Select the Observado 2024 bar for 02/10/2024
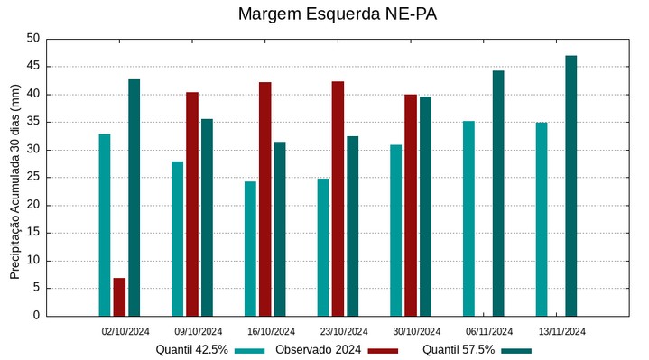coord(119,297)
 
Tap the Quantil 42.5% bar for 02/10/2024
coord(105,225)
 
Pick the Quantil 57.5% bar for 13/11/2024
coord(570,186)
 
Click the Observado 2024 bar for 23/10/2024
coord(338,198)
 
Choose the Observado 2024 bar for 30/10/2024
coord(411,205)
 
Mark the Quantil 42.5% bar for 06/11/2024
coord(468,218)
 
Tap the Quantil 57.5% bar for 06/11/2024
coord(498,193)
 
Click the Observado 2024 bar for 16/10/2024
coord(264,198)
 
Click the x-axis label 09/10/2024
coord(199,331)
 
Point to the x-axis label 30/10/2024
coord(416,331)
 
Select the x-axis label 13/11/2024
coord(561,331)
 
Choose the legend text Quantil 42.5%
coord(191,350)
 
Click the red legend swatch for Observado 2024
coord(383,350)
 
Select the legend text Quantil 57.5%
coord(459,350)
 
